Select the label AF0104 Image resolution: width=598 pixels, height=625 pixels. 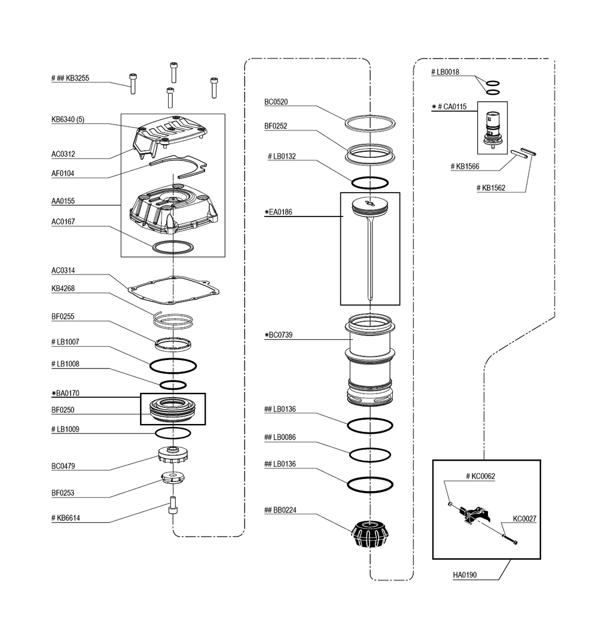coord(63,173)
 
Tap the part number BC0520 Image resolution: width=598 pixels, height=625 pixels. coord(276,102)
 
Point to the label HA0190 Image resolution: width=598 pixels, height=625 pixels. coord(465,575)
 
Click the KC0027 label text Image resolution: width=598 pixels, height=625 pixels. coord(524,519)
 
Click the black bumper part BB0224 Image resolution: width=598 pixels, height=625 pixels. coord(370,533)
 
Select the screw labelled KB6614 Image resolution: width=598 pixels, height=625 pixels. coord(173,505)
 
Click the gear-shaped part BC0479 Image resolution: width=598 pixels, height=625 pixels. coord(173,455)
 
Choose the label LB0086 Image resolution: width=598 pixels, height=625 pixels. coord(280,437)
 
